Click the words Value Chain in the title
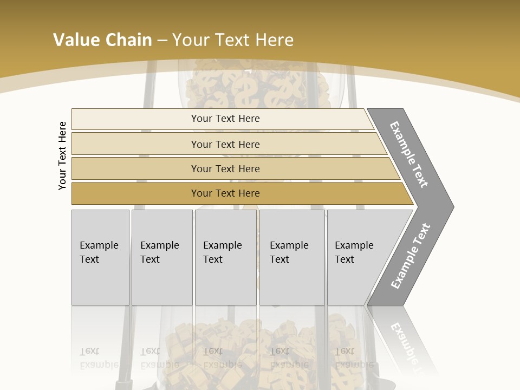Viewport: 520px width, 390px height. pyautogui.click(x=102, y=40)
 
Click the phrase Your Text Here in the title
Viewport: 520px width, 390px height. pyautogui.click(x=233, y=40)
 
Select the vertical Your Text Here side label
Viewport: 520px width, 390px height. pyautogui.click(x=62, y=155)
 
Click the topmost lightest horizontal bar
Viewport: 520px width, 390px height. pyautogui.click(x=135, y=119)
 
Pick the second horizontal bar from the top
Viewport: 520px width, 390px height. pyautogui.click(x=135, y=144)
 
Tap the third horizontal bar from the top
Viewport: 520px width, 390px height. pyautogui.click(x=135, y=168)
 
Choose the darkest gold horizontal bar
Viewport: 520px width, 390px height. pyautogui.click(x=135, y=193)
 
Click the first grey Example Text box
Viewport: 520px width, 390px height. pyautogui.click(x=100, y=282)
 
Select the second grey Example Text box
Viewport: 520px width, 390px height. pyautogui.click(x=162, y=282)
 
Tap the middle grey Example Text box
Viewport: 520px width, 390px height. pyautogui.click(x=225, y=282)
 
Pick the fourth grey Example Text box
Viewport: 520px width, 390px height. pyautogui.click(x=292, y=282)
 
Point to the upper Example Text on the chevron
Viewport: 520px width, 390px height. pyautogui.click(x=409, y=154)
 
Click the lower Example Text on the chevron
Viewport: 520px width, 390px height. pyautogui.click(x=411, y=256)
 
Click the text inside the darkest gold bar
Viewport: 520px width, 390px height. pyautogui.click(x=225, y=193)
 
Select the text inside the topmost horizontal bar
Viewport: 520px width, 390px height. pyautogui.click(x=225, y=119)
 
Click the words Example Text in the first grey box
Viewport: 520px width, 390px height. pyautogui.click(x=99, y=252)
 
